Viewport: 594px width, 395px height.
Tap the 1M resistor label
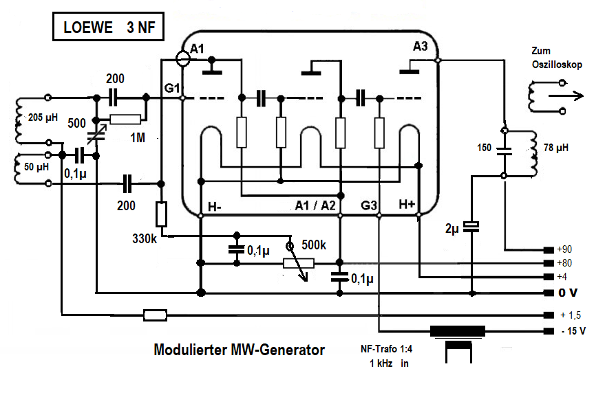pos(138,137)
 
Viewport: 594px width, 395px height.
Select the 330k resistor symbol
pos(161,214)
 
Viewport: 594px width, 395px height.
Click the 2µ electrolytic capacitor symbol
pos(471,227)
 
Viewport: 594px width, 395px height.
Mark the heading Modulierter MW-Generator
pos(239,350)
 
